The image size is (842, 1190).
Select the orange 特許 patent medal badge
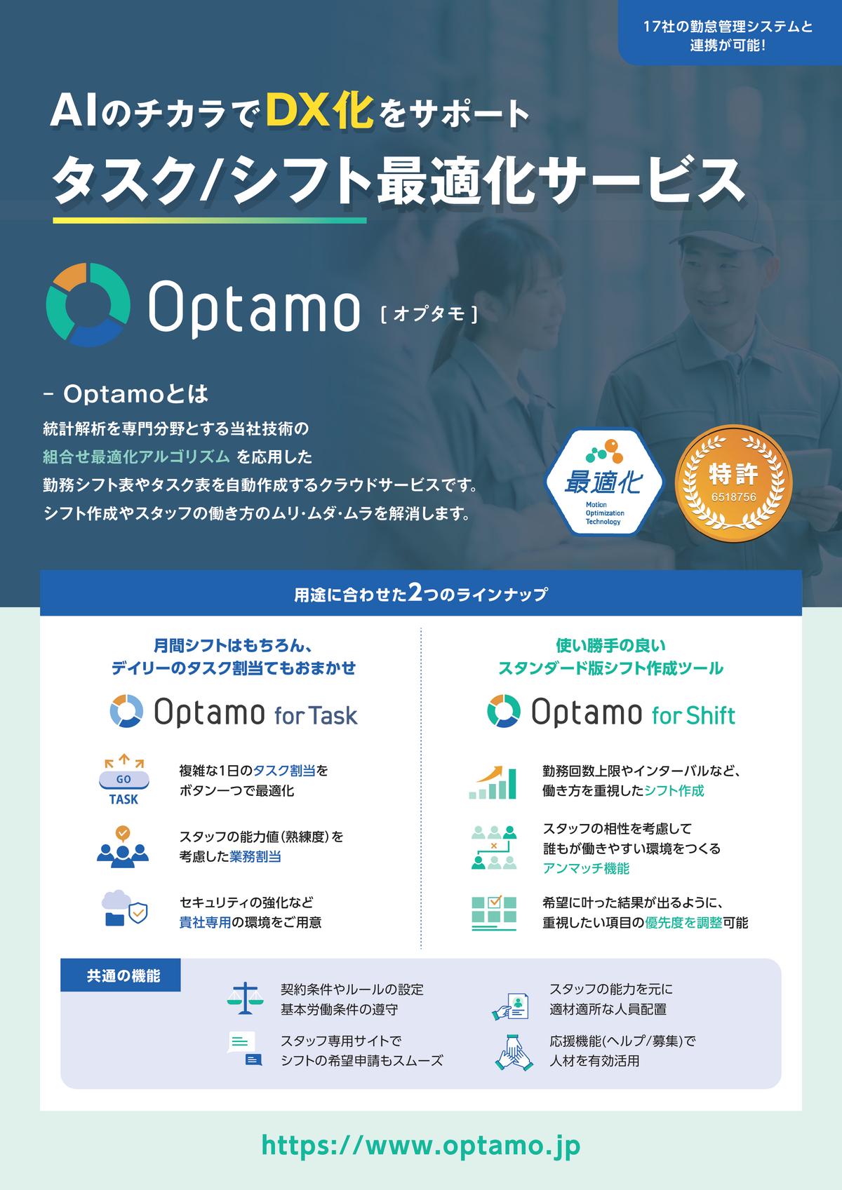coord(733,483)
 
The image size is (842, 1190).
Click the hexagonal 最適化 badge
coord(604,482)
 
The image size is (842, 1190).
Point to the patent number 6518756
coord(733,497)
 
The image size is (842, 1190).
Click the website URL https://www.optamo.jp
coord(420,1145)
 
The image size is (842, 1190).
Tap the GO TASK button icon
coord(124,779)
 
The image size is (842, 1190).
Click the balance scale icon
coord(245,999)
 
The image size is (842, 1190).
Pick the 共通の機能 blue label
coord(121,975)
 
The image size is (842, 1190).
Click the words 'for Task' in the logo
coord(316,715)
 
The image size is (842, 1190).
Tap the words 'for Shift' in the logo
coord(694,715)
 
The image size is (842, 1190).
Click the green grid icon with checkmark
coord(494,913)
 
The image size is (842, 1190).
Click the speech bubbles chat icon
coord(245,1048)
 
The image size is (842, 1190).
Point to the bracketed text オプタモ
coord(429,314)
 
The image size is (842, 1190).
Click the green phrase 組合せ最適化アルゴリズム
coord(136,457)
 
